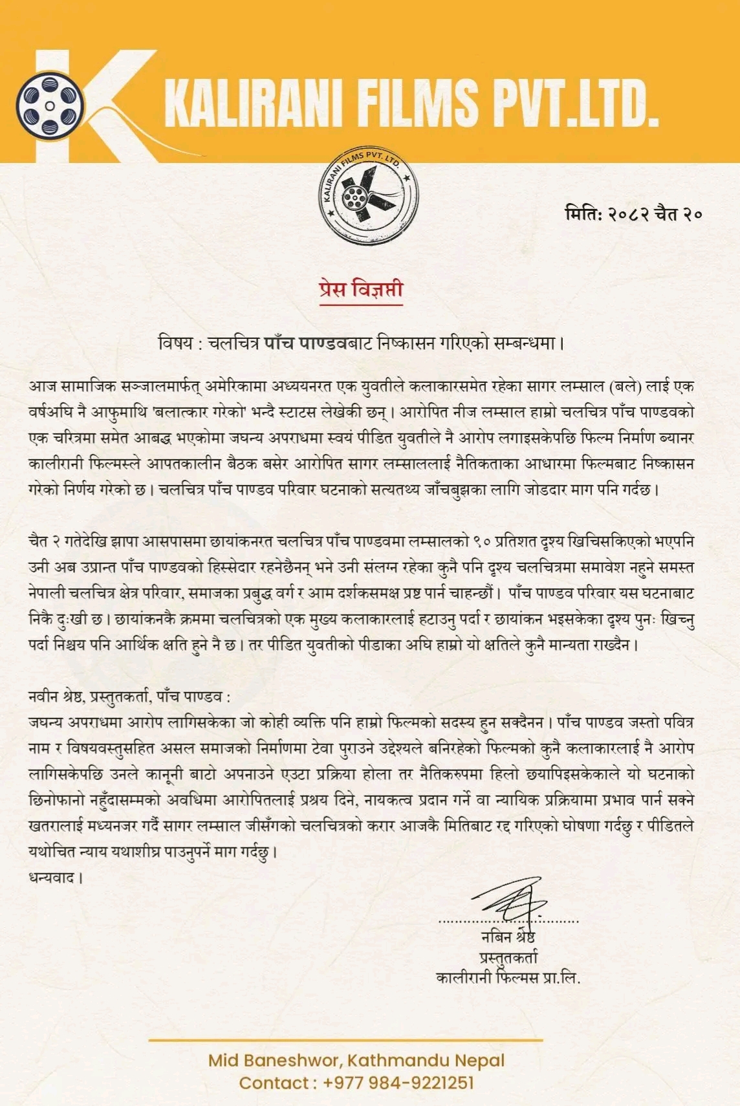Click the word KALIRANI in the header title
point(253,103)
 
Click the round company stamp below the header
point(369,196)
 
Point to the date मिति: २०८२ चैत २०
point(633,213)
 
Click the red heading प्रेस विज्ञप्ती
point(361,290)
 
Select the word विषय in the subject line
point(175,343)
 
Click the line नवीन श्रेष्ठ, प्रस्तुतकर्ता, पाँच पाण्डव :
point(129,697)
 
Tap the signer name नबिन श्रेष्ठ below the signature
point(508,937)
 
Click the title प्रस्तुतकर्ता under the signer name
point(508,957)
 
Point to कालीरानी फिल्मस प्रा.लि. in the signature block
point(508,977)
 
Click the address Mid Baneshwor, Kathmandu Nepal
point(356,1061)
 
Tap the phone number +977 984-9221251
point(398,1083)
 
